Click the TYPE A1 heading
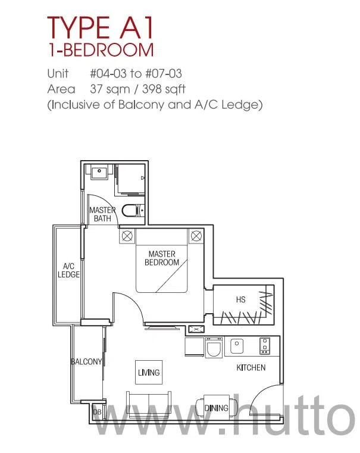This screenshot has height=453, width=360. (x=99, y=28)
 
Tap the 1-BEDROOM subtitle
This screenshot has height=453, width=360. (x=101, y=49)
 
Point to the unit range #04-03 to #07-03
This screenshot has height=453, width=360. (x=136, y=73)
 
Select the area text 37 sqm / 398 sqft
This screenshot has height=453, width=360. (x=137, y=89)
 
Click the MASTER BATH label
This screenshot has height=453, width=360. (x=102, y=214)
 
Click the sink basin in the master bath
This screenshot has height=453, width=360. (x=99, y=172)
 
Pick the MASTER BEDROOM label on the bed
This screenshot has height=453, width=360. (x=162, y=258)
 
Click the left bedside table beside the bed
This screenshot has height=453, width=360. (x=127, y=236)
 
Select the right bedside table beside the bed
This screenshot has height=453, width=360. (x=196, y=236)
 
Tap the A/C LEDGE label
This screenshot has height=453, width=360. (x=68, y=270)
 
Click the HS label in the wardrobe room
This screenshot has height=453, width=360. (x=241, y=299)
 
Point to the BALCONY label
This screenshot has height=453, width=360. (x=86, y=361)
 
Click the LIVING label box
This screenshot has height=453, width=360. (x=149, y=372)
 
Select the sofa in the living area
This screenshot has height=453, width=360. (x=149, y=405)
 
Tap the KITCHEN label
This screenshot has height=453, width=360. (x=251, y=367)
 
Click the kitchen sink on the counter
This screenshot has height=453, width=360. (x=237, y=346)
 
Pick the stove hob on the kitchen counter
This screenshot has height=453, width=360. (x=265, y=346)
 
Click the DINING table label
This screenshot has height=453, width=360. (x=216, y=408)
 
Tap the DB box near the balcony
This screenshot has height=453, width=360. (x=97, y=412)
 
